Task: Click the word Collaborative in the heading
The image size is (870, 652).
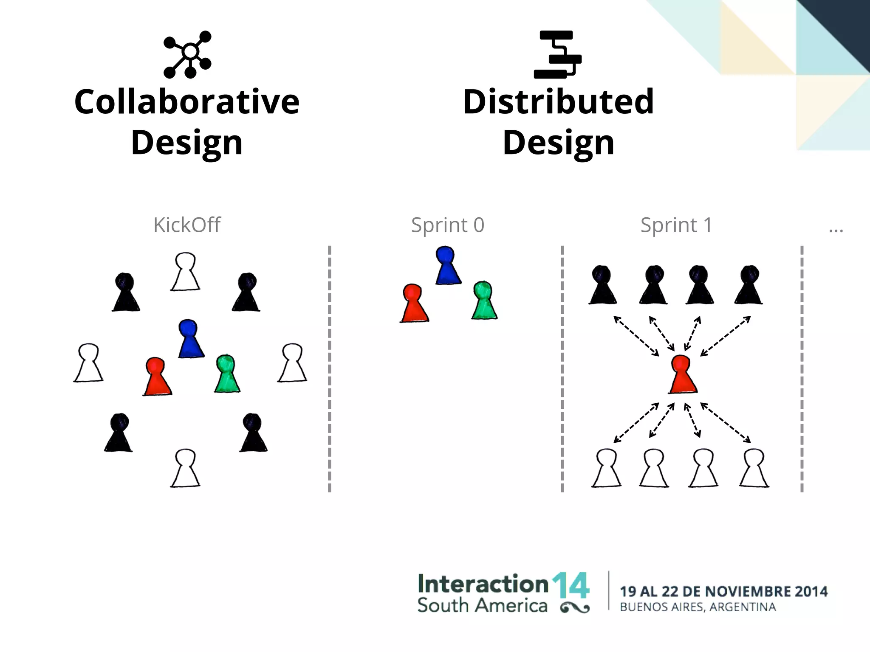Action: (187, 102)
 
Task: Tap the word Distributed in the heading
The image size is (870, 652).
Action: (558, 102)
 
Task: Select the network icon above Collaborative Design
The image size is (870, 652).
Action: (187, 54)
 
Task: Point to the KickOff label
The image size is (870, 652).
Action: (187, 225)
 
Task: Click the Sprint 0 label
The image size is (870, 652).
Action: (448, 225)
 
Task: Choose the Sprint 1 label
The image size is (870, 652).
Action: (676, 225)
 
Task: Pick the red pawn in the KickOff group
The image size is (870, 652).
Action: (157, 377)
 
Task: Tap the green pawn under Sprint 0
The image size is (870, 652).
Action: (484, 301)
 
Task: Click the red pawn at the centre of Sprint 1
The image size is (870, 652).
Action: (683, 374)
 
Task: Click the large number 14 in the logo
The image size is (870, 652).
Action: (571, 587)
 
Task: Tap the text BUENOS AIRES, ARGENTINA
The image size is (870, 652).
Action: (698, 607)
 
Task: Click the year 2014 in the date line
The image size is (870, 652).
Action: (811, 591)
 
